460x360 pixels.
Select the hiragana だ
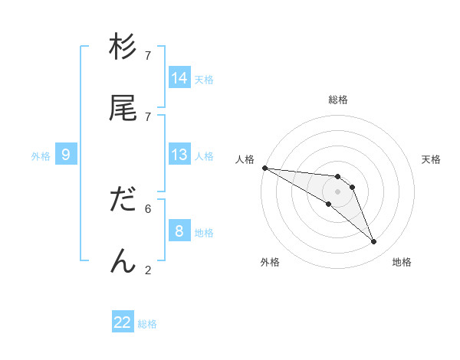point(123,200)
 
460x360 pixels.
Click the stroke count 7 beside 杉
point(148,56)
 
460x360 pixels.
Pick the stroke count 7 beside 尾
point(148,116)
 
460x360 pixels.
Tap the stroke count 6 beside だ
point(148,208)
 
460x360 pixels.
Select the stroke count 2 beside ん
point(148,269)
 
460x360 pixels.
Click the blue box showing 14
point(179,78)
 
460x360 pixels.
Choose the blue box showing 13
point(179,155)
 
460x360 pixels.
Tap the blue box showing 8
point(179,231)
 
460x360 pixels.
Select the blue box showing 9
point(66,155)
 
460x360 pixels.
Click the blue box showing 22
point(123,322)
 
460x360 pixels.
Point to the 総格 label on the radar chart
point(338,100)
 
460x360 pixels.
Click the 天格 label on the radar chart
point(432,159)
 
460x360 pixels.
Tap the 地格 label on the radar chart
point(402,262)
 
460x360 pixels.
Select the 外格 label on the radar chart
point(270,262)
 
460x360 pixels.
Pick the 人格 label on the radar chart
point(245,159)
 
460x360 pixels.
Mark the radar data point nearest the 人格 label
point(264,168)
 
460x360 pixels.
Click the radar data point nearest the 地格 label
point(373,242)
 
